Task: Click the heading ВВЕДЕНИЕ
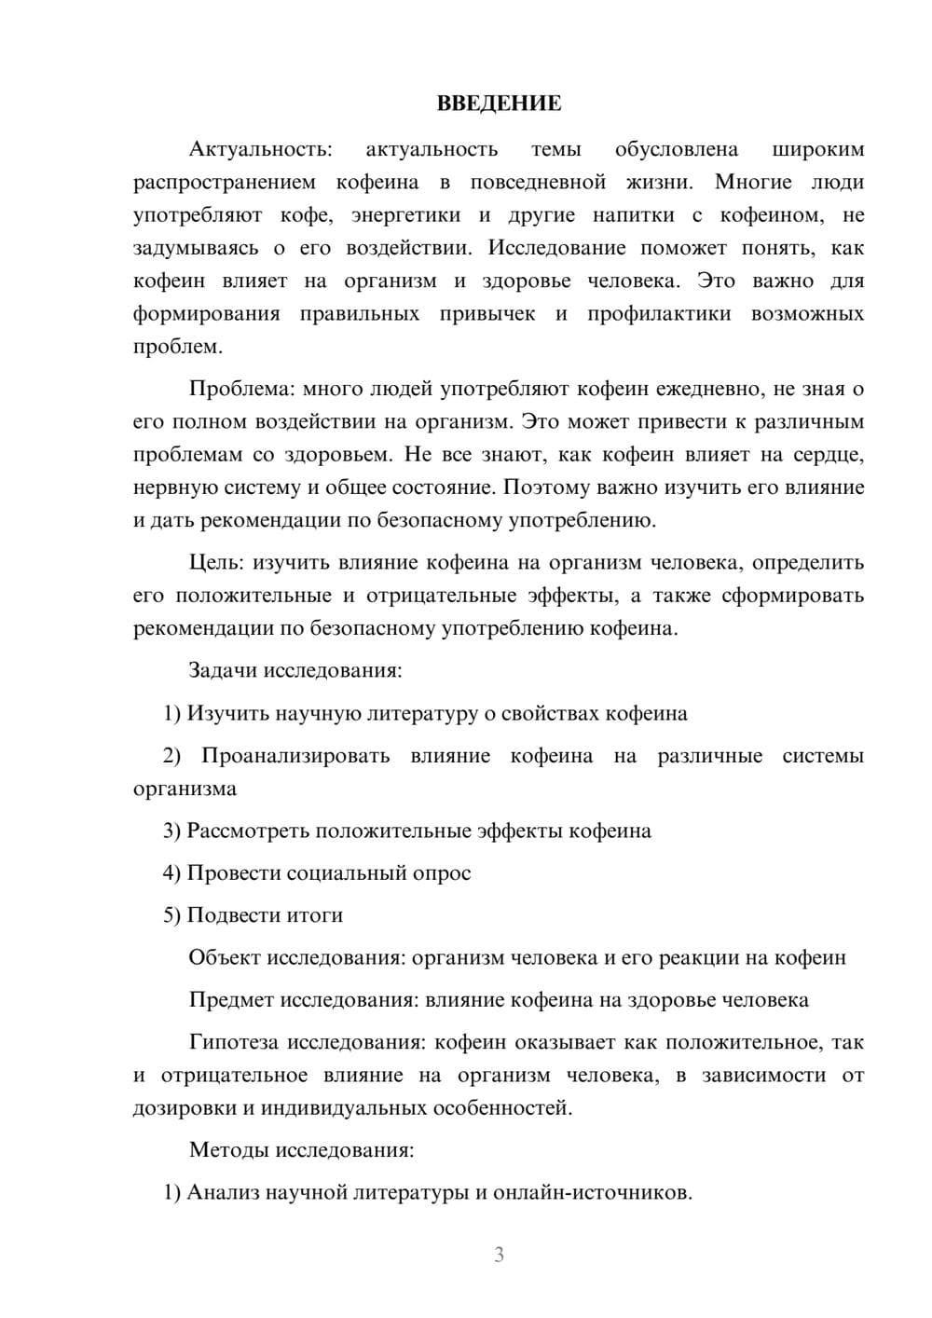point(499,103)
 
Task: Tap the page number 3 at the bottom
point(499,1255)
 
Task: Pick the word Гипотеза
point(233,1042)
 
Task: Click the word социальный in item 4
point(344,873)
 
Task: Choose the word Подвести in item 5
point(227,915)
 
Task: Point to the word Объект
point(225,957)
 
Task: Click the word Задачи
point(223,670)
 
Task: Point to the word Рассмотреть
point(248,831)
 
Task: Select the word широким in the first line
point(818,149)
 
